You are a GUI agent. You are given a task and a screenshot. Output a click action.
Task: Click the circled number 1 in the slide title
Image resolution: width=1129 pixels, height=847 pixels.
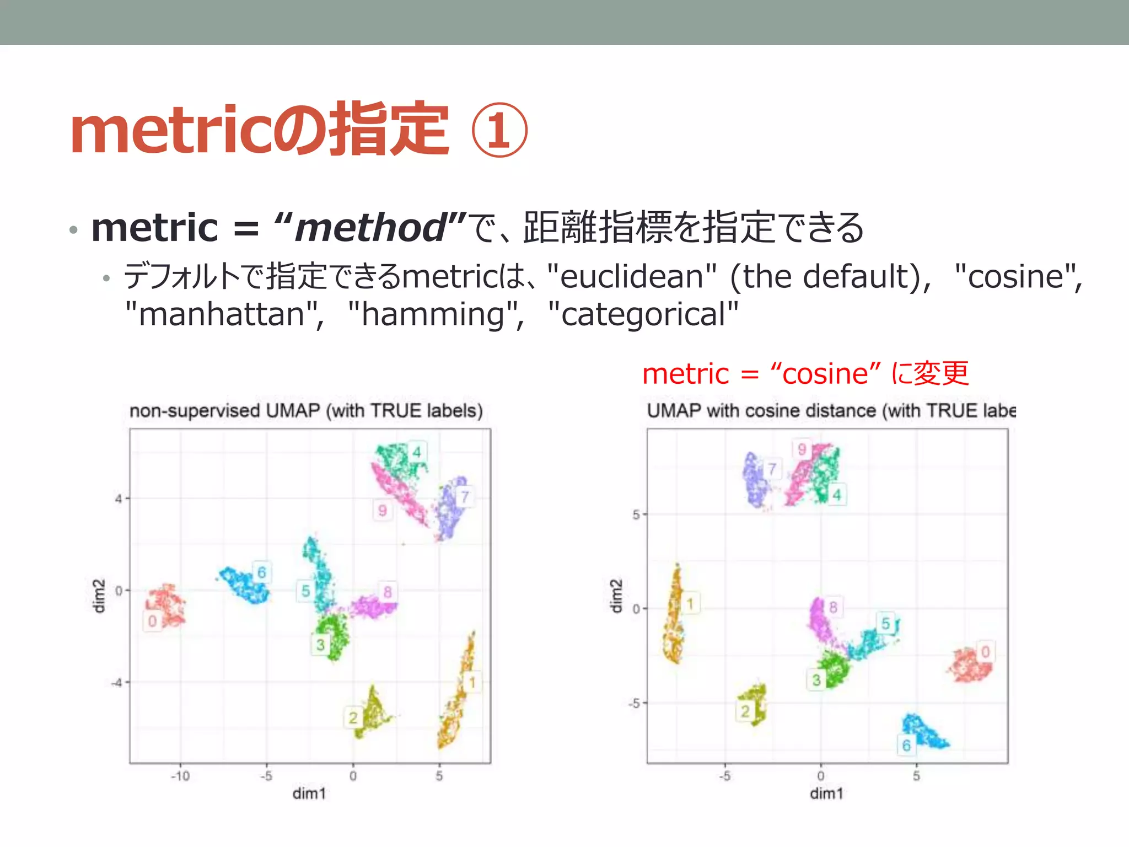pos(499,131)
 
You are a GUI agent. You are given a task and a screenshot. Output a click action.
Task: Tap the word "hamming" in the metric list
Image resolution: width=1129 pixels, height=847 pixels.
pos(433,314)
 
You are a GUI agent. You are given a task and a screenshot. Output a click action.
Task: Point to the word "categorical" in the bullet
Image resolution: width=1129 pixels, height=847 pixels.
pos(643,314)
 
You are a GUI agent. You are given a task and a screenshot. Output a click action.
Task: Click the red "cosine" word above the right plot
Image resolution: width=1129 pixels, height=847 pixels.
pos(825,374)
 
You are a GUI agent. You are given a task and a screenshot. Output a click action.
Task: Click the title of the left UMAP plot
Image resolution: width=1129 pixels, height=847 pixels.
pos(306,411)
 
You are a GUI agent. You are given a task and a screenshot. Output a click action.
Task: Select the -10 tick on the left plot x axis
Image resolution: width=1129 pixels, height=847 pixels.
pos(180,776)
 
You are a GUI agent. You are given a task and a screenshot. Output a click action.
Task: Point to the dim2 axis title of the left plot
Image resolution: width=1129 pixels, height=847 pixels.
pos(98,596)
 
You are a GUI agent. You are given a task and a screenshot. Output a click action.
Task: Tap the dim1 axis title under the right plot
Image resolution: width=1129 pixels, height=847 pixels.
pos(826,794)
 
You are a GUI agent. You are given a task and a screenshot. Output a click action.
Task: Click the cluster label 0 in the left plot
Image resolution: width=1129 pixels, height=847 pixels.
pos(153,621)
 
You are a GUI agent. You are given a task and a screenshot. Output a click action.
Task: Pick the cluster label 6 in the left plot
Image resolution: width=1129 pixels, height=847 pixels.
pos(262,572)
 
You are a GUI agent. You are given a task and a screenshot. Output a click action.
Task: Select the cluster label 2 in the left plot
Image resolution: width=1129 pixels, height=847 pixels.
pos(353,717)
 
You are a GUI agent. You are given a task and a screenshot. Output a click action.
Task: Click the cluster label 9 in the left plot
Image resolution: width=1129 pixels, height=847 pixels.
pos(382,511)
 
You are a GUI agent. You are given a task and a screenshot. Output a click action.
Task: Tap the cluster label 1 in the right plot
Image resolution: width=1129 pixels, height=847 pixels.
pos(690,604)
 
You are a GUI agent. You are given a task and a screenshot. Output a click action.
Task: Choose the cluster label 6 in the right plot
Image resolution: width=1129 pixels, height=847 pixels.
pos(906,746)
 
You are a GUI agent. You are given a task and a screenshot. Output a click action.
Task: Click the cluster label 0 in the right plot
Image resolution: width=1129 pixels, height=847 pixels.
pos(985,652)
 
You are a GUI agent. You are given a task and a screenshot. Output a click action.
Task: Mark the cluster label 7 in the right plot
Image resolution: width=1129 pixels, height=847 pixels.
pos(772,469)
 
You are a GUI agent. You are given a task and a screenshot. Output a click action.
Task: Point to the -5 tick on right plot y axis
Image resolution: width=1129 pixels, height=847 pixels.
pos(635,704)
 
